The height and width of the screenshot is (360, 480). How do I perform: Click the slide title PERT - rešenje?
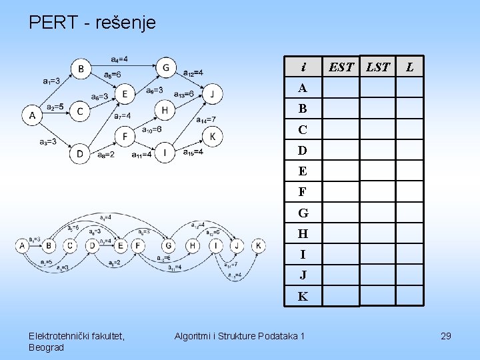point(92,23)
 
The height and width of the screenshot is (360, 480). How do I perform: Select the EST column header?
point(341,67)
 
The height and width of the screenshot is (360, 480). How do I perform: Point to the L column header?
point(409,67)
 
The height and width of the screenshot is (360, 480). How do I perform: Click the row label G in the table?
point(303,213)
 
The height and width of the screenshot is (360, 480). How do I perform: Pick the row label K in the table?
point(303,296)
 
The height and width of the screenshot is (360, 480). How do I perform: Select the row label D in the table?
point(303,151)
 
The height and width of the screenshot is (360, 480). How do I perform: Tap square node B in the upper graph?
point(81,68)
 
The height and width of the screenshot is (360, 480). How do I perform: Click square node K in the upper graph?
point(213,137)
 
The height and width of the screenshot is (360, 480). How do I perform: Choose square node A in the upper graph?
point(32,116)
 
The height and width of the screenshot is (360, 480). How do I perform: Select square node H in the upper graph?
point(165,109)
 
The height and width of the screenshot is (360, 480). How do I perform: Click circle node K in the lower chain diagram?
point(258,246)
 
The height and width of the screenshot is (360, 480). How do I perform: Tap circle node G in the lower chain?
point(169,246)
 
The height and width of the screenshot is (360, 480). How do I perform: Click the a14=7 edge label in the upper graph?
point(206,120)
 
